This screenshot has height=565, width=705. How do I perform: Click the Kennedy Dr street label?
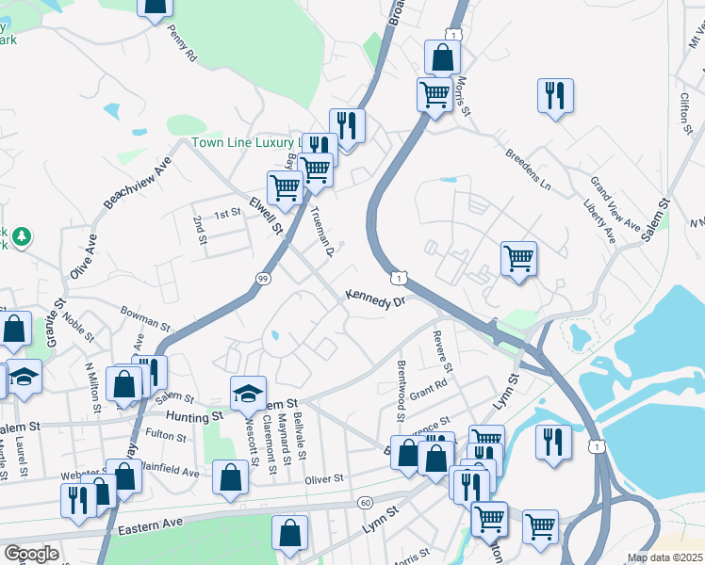pos(374,299)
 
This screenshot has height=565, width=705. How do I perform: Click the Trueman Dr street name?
pos(321,232)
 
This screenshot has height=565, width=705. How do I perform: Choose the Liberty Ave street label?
pos(599,220)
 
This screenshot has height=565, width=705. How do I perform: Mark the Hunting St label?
pos(193,415)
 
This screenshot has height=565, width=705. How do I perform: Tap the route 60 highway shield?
pos(365,503)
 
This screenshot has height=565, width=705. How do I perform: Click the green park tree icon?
pos(22,235)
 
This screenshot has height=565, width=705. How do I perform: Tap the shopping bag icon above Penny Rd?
pos(155,8)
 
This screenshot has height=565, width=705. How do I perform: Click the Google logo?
pos(30,554)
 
